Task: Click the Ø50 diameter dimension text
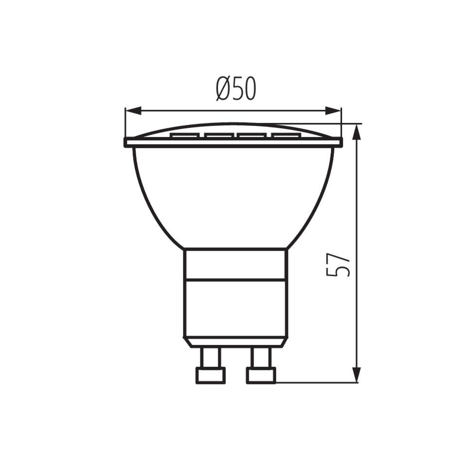236,89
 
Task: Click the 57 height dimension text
338,265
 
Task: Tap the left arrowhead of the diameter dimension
133,110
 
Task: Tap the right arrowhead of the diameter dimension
333,110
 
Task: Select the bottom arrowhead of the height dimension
357,375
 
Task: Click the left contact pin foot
210,376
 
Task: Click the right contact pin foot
261,376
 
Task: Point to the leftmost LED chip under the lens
185,136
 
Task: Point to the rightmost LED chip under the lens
285,136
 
